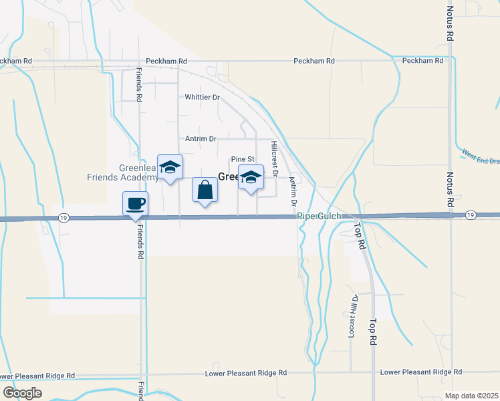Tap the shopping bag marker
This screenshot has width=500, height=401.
[x=205, y=190]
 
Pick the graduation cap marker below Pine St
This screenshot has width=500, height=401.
[x=251, y=178]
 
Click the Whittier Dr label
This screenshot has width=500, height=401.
[x=202, y=98]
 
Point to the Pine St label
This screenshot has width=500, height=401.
[x=243, y=159]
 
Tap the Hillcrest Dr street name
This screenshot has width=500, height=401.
[x=274, y=154]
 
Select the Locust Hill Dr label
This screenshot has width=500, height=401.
[x=354, y=315]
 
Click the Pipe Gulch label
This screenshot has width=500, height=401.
[x=320, y=217]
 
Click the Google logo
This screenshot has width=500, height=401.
[x=22, y=392]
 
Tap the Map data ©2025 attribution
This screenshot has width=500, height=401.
[x=471, y=396]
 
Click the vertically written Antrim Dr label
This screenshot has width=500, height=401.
[x=292, y=190]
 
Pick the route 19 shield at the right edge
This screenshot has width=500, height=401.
[x=471, y=215]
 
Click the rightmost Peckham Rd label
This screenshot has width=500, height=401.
[x=422, y=61]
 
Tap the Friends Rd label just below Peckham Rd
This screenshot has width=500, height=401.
[x=140, y=85]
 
